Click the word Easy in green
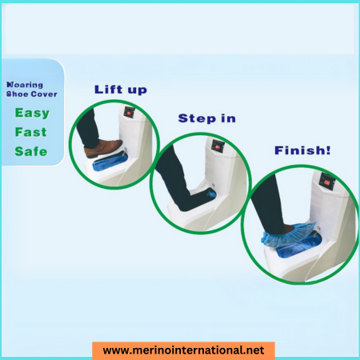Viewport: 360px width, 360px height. point(31,113)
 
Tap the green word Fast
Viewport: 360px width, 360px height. point(30,132)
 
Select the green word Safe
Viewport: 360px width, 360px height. point(30,151)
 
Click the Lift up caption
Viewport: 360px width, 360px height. point(120,89)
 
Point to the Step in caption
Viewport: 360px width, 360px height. point(206,118)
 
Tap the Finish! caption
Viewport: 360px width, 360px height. point(302,150)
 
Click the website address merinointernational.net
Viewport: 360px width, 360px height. point(183,350)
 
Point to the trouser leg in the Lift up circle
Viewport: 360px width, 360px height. point(90,128)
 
